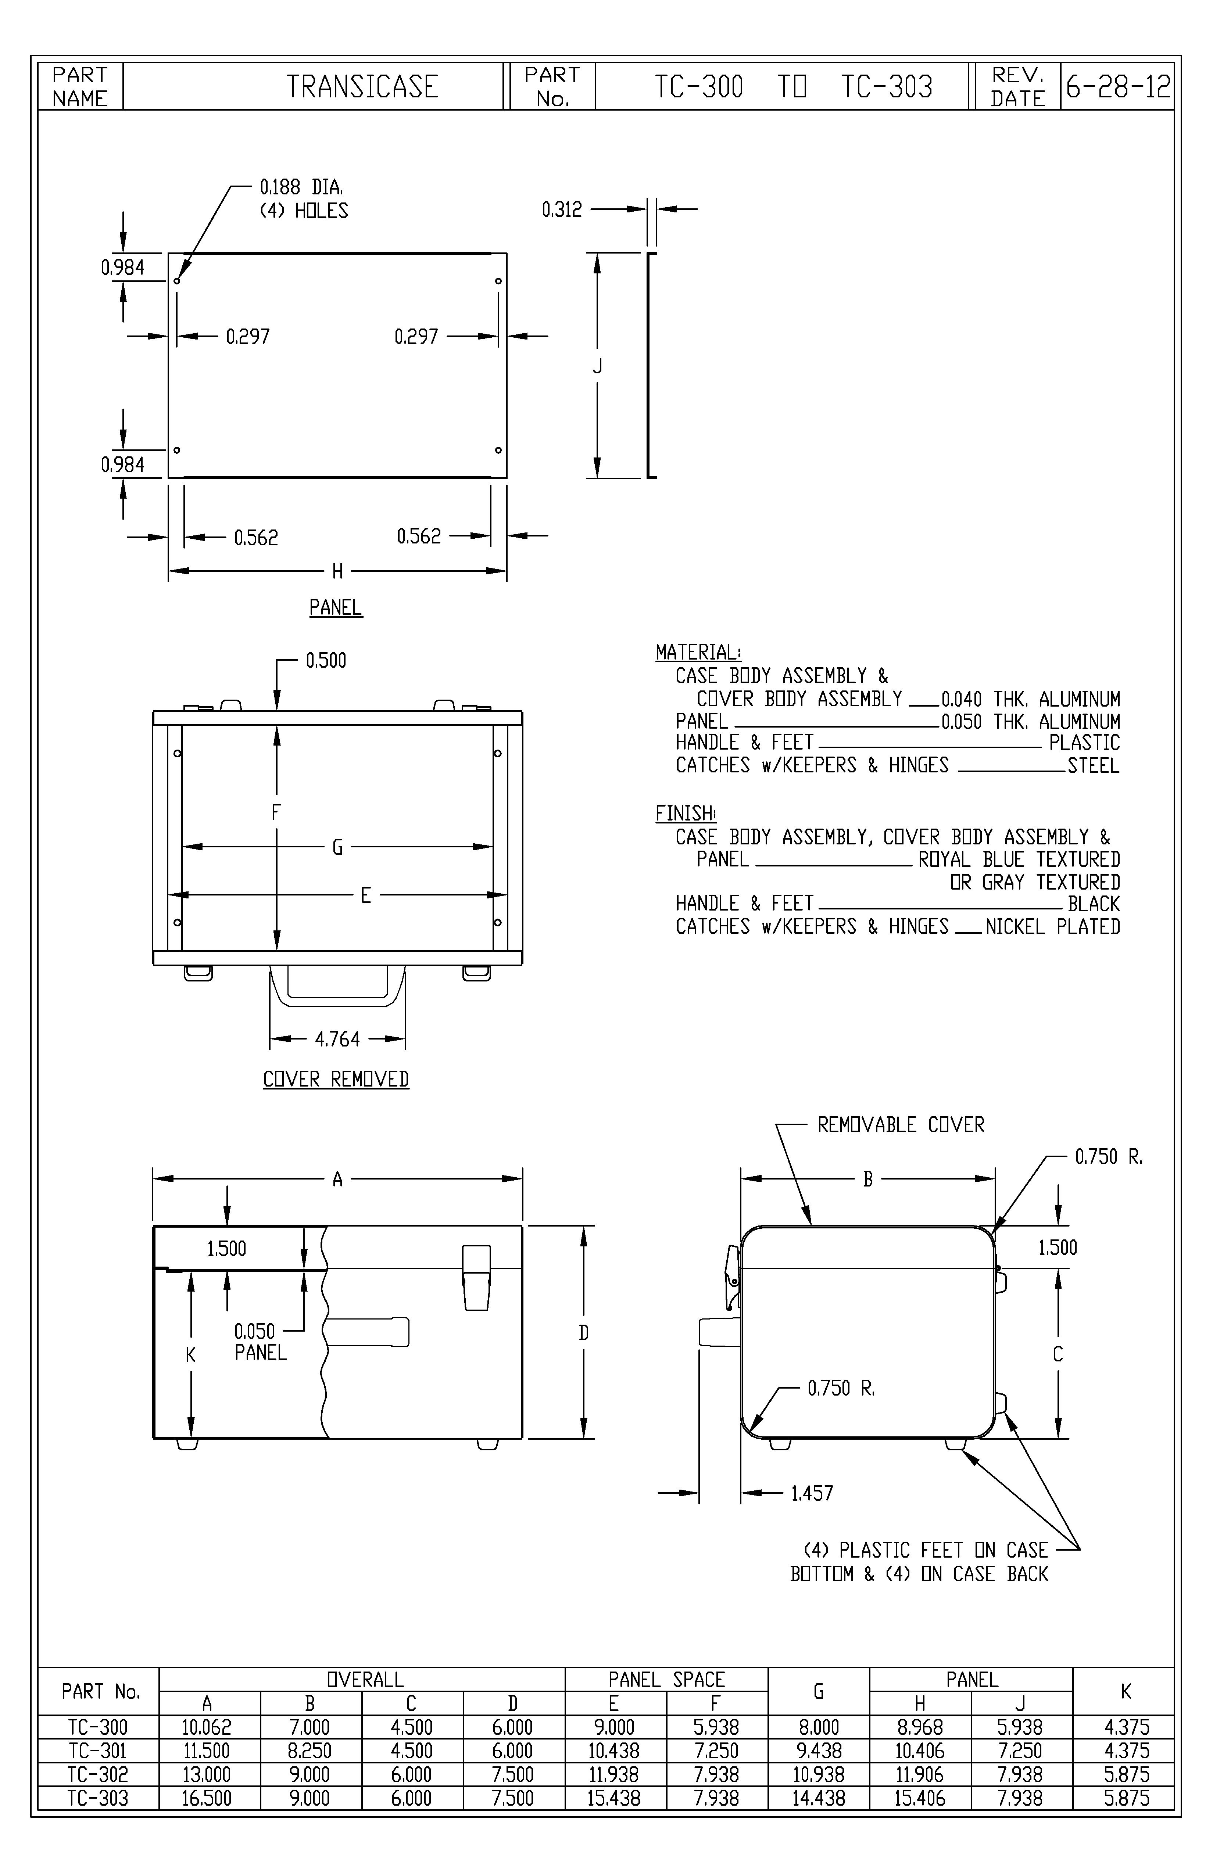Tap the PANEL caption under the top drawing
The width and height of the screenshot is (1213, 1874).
(336, 608)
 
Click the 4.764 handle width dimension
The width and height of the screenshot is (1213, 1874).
(337, 1040)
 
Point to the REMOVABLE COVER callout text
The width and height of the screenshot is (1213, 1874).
(900, 1125)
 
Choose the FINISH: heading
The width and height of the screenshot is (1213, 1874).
(685, 814)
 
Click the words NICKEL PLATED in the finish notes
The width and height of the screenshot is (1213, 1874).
(1052, 927)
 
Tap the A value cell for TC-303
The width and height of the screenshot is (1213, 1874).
(207, 1798)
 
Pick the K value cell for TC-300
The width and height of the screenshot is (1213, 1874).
(1126, 1727)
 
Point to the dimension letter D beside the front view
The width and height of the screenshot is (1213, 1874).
(584, 1333)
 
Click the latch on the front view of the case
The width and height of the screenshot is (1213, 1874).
(476, 1277)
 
